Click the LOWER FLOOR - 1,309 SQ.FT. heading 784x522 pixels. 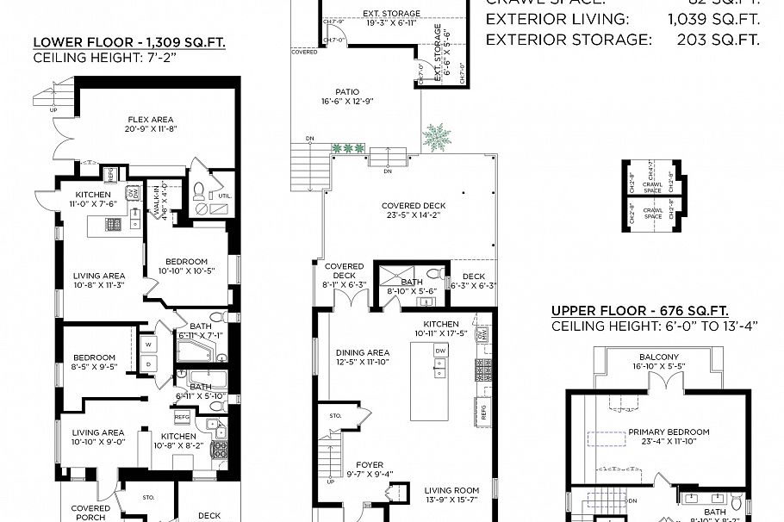coord(128,42)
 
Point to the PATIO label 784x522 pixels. coord(347,92)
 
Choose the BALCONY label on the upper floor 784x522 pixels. coord(659,357)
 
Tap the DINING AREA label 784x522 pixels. coord(363,352)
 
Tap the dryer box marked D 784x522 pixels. coord(147,364)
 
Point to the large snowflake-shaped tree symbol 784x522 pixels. coord(437,136)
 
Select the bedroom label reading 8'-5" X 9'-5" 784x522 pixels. coord(93,363)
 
